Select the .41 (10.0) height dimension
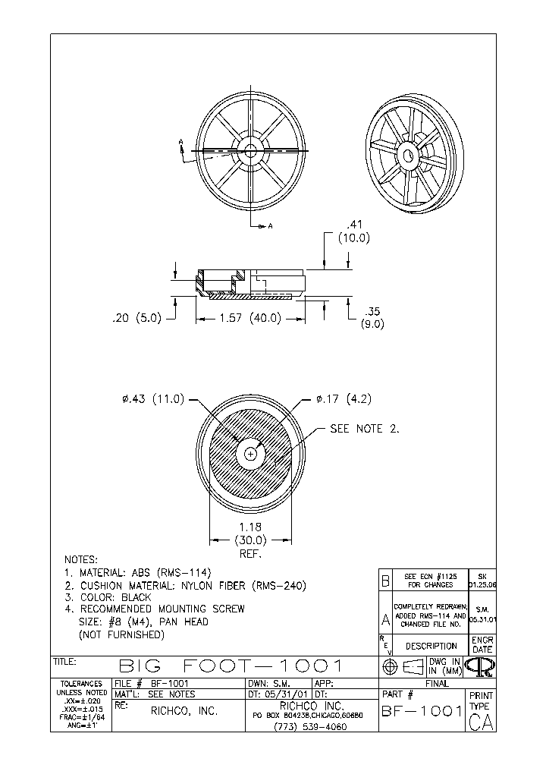click(353, 231)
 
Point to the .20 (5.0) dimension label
click(136, 319)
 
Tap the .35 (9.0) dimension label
click(372, 318)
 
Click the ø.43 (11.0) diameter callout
click(153, 399)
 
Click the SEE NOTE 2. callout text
click(364, 429)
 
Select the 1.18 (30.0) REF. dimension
click(250, 540)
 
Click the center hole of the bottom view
click(251, 454)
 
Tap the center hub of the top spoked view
click(250, 150)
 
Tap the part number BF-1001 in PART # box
click(422, 711)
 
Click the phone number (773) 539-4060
click(312, 726)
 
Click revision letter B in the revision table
click(385, 581)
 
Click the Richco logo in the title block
click(481, 666)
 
